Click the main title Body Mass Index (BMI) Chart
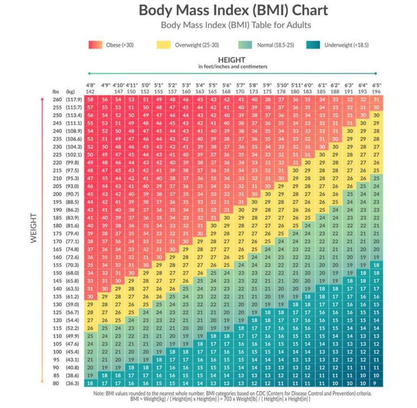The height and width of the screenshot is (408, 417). point(233,10)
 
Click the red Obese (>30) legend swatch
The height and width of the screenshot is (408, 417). point(96,46)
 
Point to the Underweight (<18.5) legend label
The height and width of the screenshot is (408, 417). point(348,46)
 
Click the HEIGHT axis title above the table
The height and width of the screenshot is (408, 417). point(232,59)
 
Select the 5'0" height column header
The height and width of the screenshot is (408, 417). point(146,85)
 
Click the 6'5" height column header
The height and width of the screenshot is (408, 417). point(377,85)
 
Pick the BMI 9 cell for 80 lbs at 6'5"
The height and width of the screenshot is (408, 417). point(377,382)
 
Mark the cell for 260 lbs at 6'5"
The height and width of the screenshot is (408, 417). point(377,100)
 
